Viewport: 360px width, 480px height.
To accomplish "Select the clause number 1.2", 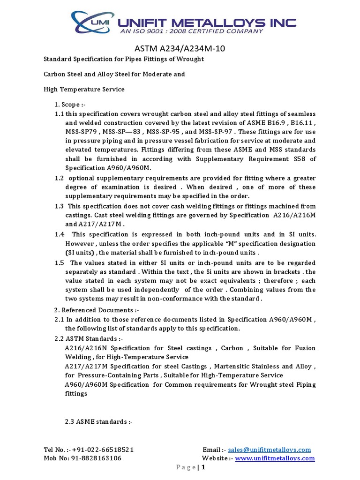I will tap(59, 178).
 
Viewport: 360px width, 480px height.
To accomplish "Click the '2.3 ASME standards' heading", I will tap(99, 421).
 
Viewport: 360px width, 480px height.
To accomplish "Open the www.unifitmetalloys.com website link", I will tap(275, 458).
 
